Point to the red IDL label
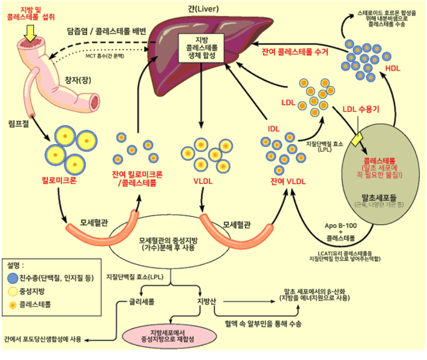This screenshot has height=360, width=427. coord(273,128)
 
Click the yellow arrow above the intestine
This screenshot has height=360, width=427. coord(28,35)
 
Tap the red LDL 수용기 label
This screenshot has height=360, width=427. coord(360,110)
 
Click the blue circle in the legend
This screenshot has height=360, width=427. coord(11,278)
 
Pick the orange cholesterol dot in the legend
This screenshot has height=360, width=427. coord(11,306)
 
